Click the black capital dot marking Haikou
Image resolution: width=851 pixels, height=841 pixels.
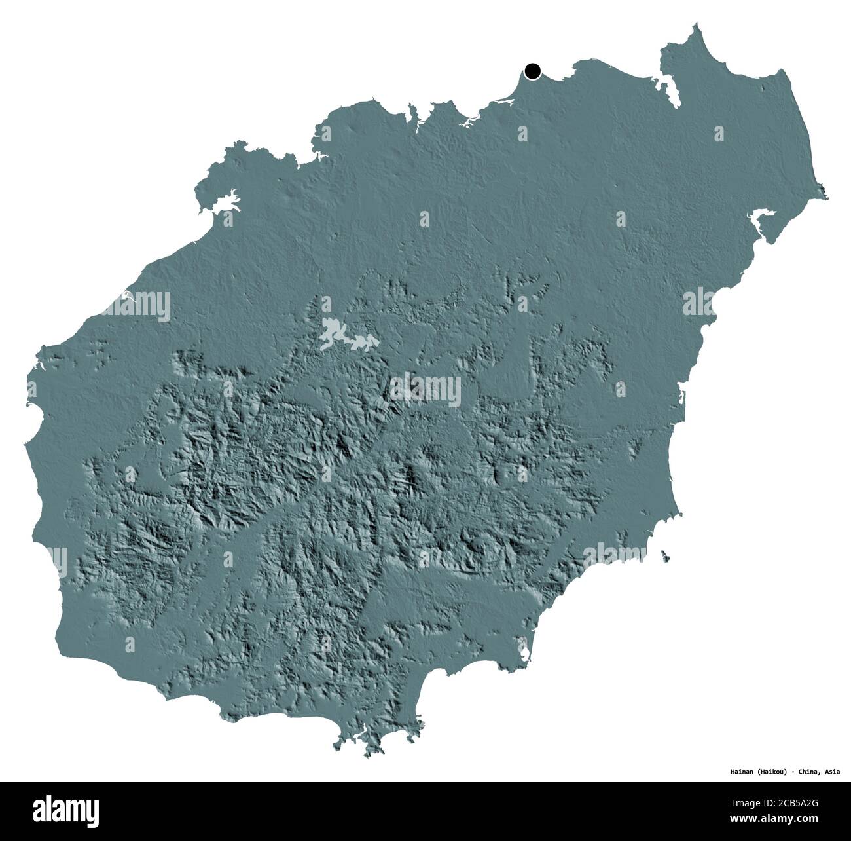click(533, 71)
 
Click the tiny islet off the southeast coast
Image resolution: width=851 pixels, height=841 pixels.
click(666, 556)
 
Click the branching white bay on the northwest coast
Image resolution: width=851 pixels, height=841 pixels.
click(219, 200)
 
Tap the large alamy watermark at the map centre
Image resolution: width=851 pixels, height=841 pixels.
click(425, 389)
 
